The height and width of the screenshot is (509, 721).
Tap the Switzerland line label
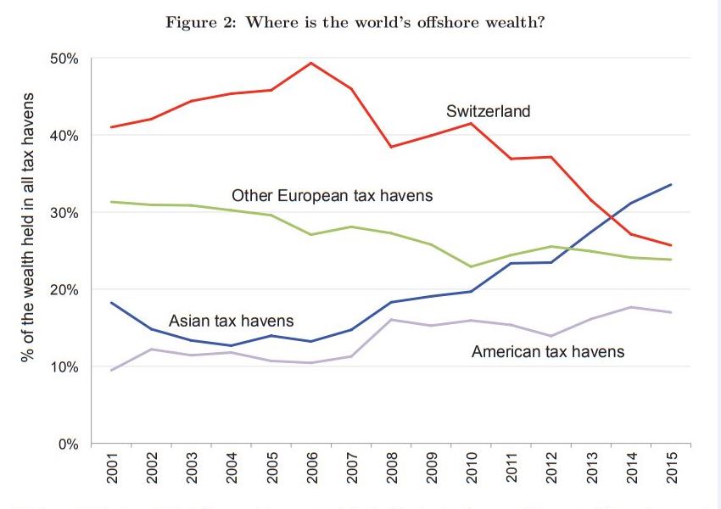[x=488, y=111]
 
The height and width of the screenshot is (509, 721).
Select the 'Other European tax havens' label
[x=333, y=196]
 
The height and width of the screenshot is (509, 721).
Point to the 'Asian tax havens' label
[x=232, y=321]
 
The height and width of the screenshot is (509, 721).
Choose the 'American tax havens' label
[x=548, y=350]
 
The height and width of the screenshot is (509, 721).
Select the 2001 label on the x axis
[x=112, y=468]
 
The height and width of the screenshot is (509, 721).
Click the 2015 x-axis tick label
[x=671, y=468]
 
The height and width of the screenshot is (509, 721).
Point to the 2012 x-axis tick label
[x=551, y=468]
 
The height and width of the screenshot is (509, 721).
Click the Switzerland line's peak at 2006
[x=311, y=63]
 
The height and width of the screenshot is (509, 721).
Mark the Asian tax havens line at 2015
[x=671, y=184]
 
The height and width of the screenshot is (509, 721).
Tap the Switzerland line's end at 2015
[x=671, y=245]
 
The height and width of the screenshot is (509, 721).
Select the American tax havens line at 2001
[x=112, y=370]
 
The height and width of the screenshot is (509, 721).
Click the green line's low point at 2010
[x=472, y=266]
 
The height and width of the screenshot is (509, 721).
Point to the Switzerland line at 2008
[x=391, y=147]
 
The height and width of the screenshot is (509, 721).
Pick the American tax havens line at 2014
[x=631, y=307]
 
